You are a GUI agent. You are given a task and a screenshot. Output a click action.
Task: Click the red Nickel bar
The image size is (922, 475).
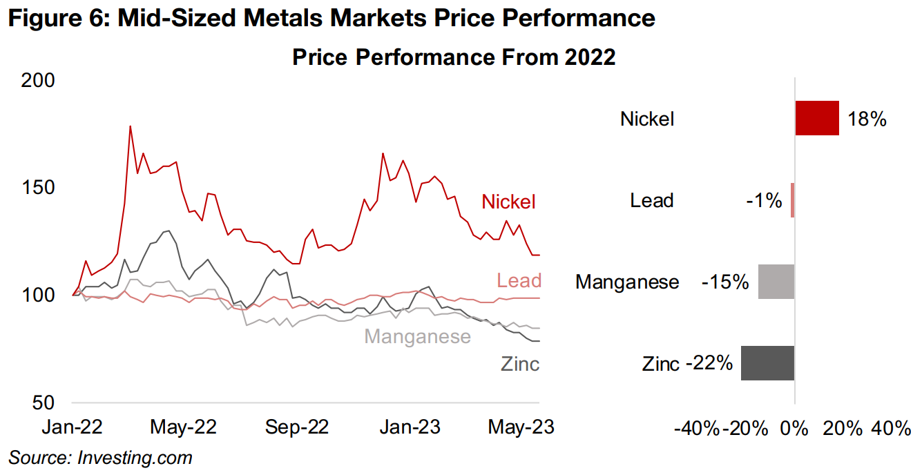817,118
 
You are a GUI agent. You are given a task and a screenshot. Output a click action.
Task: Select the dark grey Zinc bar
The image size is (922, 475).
767,363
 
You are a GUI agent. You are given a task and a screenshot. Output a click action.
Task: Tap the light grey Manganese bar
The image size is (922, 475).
776,282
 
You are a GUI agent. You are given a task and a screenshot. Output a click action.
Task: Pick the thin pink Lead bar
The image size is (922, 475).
793,200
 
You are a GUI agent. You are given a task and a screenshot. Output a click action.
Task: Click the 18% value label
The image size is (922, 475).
867,119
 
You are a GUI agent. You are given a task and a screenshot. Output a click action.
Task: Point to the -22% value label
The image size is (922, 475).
709,363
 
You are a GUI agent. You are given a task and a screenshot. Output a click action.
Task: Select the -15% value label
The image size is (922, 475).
725,282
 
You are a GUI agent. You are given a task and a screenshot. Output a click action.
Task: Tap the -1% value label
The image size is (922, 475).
763,201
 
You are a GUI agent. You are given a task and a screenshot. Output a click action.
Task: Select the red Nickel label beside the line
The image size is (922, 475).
508,202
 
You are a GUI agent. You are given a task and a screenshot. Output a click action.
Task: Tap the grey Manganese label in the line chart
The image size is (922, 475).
417,336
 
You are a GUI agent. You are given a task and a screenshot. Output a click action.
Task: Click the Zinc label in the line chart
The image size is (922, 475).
520,364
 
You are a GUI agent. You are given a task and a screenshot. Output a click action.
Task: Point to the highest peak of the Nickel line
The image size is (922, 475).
130,126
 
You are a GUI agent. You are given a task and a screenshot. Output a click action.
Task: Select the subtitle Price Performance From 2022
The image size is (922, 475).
453,57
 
